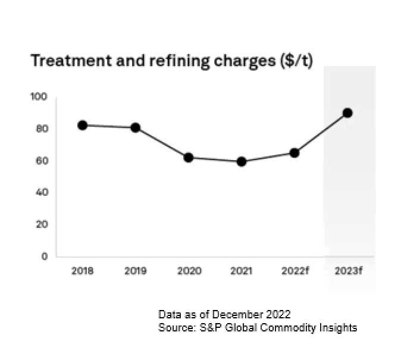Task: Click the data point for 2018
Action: click(83, 125)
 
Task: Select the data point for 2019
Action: click(135, 127)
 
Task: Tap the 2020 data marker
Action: click(189, 158)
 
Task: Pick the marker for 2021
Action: click(242, 161)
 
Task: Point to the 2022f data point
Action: click(295, 153)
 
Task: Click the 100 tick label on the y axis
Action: click(38, 97)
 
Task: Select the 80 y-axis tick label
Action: click(40, 129)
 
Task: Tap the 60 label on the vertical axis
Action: click(40, 161)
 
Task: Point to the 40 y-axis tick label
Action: click(40, 193)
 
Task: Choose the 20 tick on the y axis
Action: click(40, 225)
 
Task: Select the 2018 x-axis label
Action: click(82, 271)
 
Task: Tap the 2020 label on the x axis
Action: click(189, 271)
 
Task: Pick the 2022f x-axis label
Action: click(295, 271)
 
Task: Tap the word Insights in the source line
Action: click(337, 327)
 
